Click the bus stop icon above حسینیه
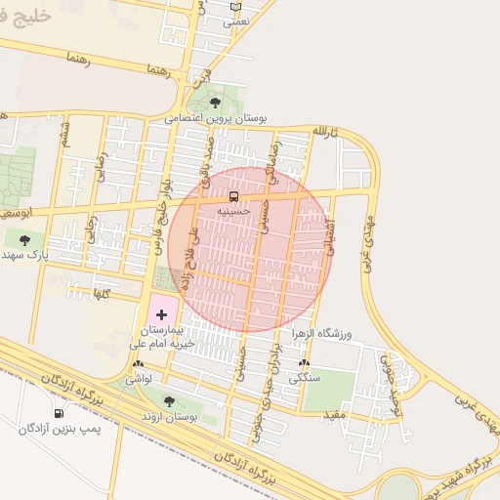(x=232, y=196)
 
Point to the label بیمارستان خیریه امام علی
(x=164, y=337)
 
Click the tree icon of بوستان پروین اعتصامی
(x=215, y=102)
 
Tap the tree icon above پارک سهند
(x=23, y=238)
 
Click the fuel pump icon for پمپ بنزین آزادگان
(x=60, y=413)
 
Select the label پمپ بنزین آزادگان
(x=60, y=428)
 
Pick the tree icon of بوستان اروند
(x=169, y=400)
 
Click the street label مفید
(x=334, y=416)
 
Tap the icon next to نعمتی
(x=234, y=7)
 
